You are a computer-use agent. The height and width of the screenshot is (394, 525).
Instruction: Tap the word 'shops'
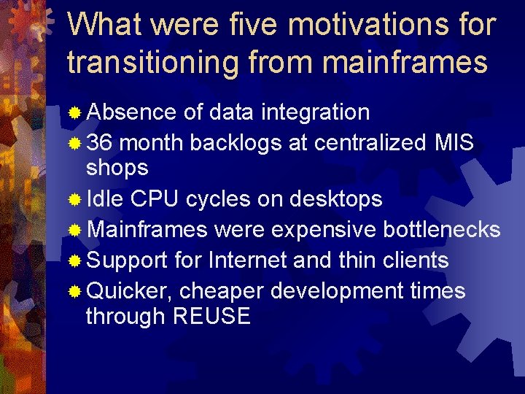pos(117,168)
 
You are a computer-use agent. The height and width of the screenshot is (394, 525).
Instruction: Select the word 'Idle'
pos(106,198)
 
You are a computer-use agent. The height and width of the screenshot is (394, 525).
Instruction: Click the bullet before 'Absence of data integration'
pos(74,113)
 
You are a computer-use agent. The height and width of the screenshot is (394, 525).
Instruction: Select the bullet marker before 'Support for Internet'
pos(74,261)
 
